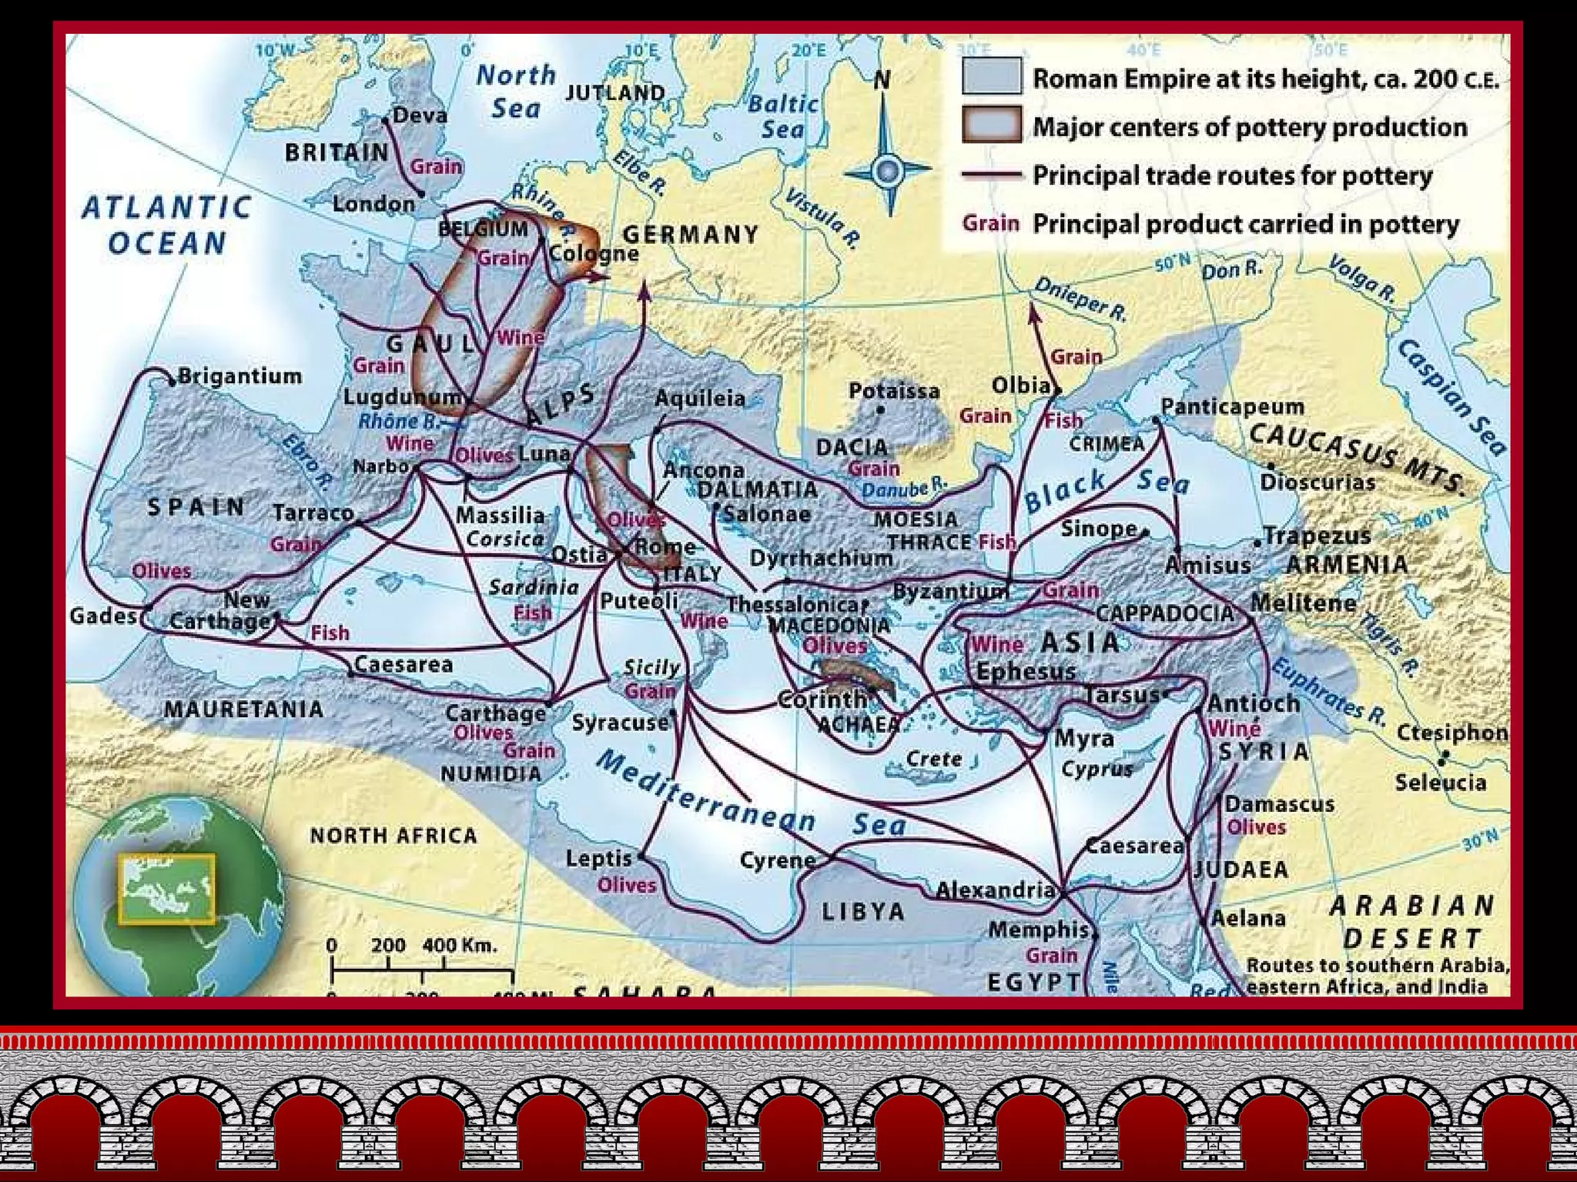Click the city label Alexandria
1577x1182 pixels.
pos(995,890)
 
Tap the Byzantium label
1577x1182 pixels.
pos(950,592)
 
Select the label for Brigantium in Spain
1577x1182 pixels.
pos(239,376)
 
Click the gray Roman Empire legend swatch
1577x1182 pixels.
pos(992,77)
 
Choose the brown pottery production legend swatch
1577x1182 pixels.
pos(992,125)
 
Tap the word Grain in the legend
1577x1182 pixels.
pos(990,224)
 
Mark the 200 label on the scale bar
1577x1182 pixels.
pos(388,945)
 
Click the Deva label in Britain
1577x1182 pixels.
pos(420,115)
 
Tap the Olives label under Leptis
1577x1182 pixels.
pos(627,885)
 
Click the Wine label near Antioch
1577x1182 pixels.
pos(1234,727)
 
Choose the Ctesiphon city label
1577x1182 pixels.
pos(1451,733)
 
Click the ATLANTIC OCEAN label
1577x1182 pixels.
pos(166,225)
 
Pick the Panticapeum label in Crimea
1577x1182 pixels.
pos(1232,406)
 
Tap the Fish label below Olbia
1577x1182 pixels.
pos(1063,421)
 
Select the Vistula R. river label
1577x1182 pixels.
pos(822,218)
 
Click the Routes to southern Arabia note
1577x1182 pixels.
pos(1377,976)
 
